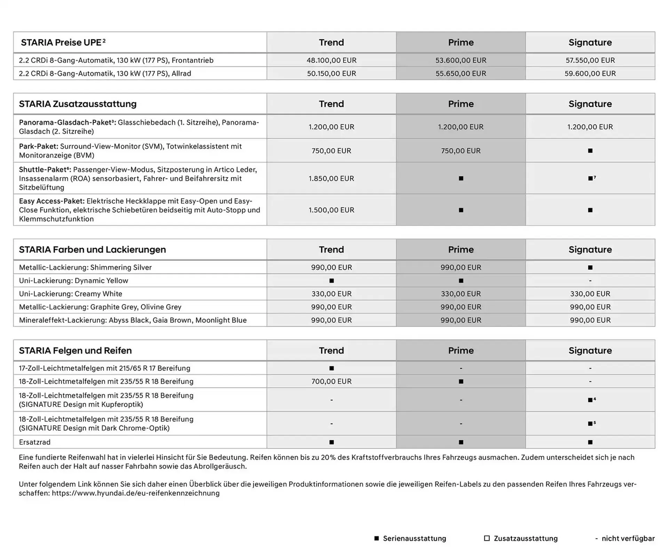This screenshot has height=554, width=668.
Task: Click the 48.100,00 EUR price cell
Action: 331,60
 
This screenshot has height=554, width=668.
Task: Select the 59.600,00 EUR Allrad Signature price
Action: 590,73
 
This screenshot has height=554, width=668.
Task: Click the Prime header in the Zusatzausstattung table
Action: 460,104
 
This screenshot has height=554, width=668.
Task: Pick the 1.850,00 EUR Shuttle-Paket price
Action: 331,178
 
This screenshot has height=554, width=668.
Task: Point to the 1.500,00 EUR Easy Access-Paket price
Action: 331,210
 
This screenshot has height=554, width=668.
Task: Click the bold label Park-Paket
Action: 38,146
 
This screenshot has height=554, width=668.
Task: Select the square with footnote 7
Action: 590,178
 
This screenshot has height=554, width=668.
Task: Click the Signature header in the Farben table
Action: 590,249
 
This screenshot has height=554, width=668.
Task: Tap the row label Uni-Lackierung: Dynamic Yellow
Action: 73,281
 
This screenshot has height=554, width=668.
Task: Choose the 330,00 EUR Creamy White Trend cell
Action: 331,294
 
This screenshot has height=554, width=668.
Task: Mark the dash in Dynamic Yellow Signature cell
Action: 590,281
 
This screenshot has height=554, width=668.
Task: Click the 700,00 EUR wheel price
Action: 331,382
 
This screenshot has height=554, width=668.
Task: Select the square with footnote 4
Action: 590,400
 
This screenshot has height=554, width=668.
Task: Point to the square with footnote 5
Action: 590,424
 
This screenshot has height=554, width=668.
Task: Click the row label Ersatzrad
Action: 35,442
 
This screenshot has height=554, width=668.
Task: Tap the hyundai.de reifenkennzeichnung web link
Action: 136,493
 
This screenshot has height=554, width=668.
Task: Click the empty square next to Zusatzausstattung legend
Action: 487,538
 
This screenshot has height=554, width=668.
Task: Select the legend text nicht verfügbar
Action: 628,538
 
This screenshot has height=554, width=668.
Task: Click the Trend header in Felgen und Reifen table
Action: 331,350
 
